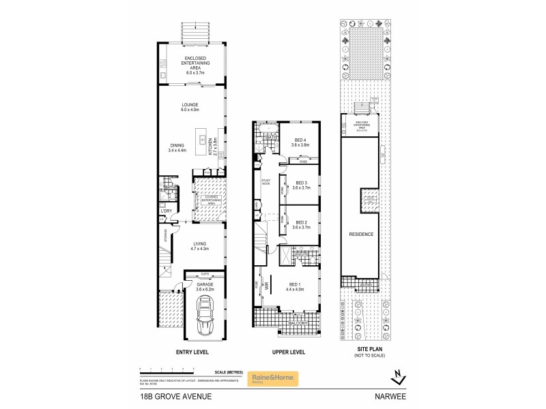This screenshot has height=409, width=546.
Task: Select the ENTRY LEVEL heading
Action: click(x=192, y=352)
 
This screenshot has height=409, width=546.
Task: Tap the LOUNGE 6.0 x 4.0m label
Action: click(x=190, y=107)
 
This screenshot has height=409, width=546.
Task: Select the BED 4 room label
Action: click(x=300, y=142)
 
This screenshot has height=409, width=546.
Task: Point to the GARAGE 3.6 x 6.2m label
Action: click(x=205, y=288)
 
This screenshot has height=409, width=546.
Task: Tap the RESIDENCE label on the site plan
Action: click(x=361, y=234)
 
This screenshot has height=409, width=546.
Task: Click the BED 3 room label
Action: click(x=300, y=185)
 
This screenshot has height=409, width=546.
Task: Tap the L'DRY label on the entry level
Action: click(x=165, y=211)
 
